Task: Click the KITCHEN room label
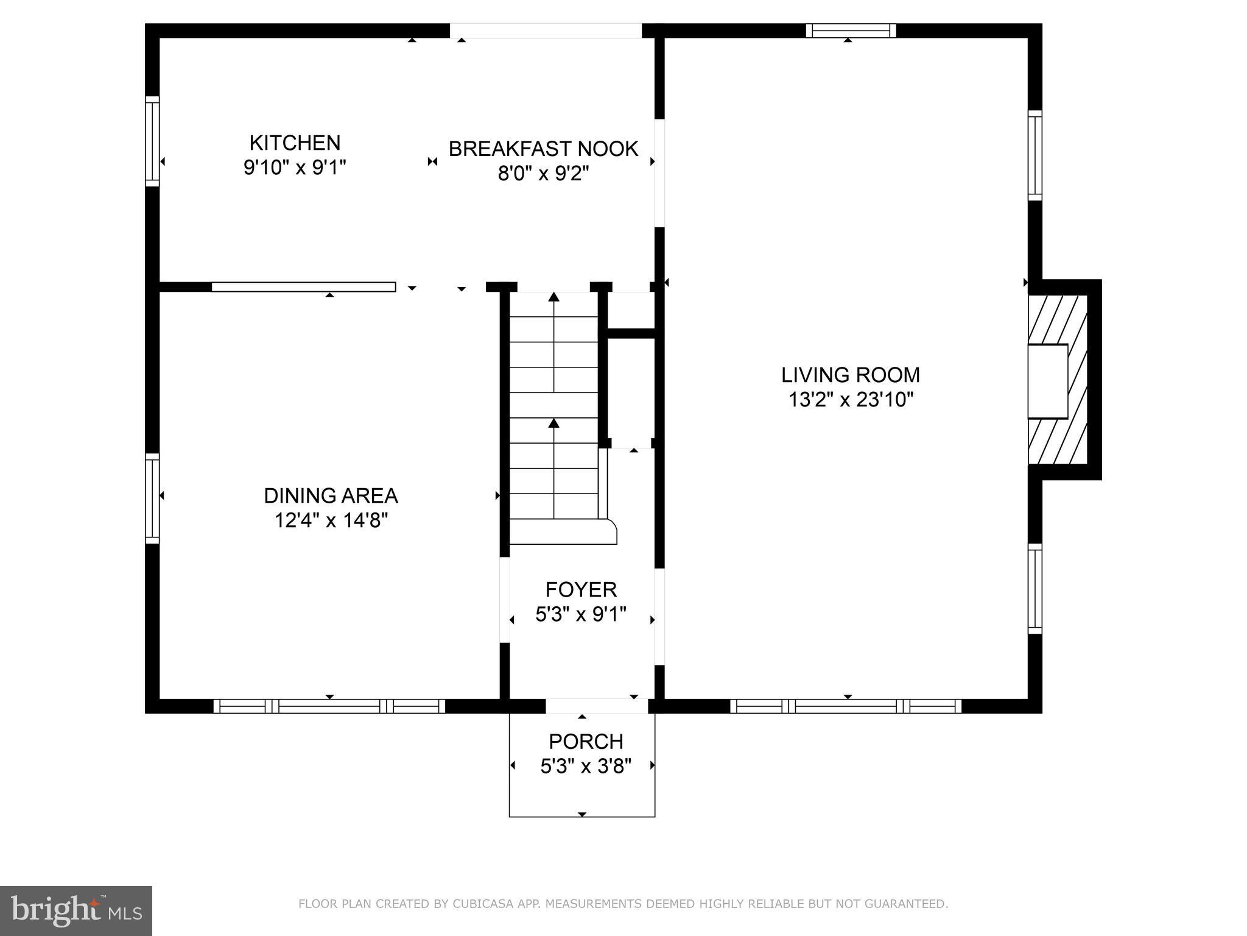(295, 143)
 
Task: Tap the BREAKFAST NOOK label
(543, 149)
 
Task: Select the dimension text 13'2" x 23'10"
(851, 400)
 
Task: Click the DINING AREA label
(331, 496)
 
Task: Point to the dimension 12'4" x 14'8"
(331, 521)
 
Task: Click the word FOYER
(581, 590)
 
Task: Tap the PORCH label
(586, 742)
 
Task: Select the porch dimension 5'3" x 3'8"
(586, 766)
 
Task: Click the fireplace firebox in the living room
(1048, 381)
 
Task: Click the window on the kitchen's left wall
(152, 141)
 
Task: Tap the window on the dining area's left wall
(152, 498)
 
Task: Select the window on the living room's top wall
(851, 30)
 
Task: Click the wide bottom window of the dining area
(329, 706)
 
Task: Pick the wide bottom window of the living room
(846, 706)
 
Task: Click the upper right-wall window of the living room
(1035, 155)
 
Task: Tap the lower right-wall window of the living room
(1035, 589)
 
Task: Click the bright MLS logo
(76, 910)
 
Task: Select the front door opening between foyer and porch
(596, 706)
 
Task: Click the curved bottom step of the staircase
(563, 532)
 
